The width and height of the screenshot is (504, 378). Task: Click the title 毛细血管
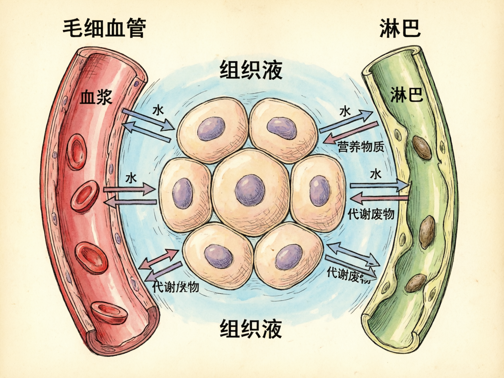(x=104, y=28)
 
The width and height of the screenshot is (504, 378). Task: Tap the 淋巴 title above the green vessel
(x=400, y=28)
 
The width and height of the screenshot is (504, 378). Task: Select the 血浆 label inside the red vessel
(x=96, y=97)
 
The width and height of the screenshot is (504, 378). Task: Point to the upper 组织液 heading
(x=251, y=70)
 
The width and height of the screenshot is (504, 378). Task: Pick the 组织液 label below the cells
(x=251, y=329)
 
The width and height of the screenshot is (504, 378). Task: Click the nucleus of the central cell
(x=250, y=190)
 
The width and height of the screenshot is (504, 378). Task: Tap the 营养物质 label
(x=361, y=147)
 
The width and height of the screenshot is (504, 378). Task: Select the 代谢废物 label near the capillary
(x=176, y=287)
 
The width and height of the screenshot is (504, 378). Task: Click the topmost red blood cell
(x=76, y=152)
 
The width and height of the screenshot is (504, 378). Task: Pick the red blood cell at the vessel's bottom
(x=109, y=312)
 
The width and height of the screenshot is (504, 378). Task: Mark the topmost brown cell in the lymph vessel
(x=422, y=148)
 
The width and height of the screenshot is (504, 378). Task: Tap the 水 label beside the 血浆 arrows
(x=158, y=110)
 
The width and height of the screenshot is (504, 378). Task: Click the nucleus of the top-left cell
(x=211, y=129)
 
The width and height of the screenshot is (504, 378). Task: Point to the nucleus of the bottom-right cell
(x=289, y=257)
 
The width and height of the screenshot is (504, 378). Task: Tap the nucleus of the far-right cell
(x=320, y=191)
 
